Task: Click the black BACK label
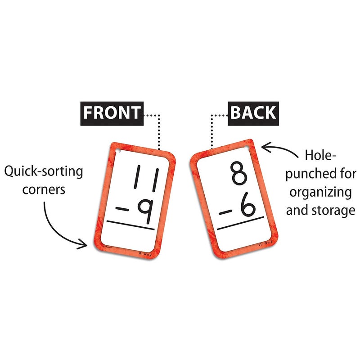tap(253, 112)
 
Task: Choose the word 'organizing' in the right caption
tap(320, 192)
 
